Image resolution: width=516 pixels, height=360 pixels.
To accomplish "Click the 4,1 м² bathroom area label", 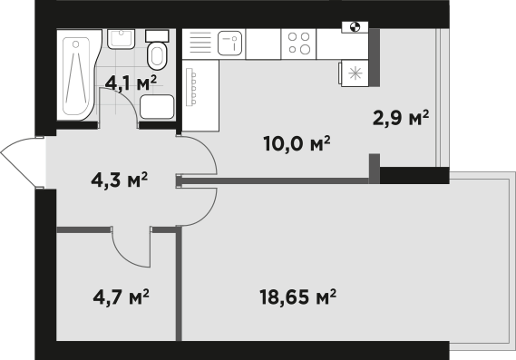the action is click(131, 83).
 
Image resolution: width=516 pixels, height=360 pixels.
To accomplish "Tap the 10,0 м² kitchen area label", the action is click(297, 143).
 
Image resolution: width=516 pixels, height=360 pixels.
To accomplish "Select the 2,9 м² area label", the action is click(401, 118).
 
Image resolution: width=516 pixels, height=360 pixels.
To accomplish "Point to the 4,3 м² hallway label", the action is click(119, 180).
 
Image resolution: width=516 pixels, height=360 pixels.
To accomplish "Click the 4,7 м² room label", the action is click(122, 297).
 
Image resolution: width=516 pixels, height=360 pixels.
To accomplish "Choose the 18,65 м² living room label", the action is click(297, 297).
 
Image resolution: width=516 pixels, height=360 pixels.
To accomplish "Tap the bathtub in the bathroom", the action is click(79, 75).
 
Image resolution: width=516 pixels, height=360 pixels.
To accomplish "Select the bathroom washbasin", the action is click(121, 39).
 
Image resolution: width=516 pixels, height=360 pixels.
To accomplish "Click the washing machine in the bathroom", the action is click(157, 107).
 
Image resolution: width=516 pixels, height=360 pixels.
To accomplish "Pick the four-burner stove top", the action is click(298, 44).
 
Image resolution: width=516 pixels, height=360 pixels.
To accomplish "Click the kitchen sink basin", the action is click(230, 44).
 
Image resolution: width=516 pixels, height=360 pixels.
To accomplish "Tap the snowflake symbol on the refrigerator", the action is click(355, 73).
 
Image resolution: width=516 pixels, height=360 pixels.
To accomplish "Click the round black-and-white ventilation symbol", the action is click(355, 26).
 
